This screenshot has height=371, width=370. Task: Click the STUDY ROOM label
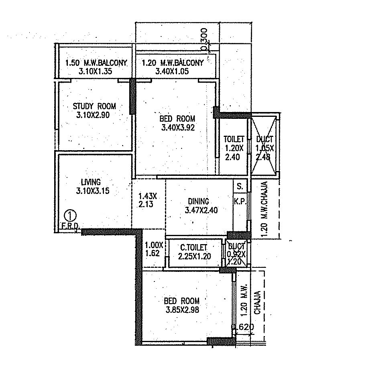pos(94,106)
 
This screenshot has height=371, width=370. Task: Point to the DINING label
pos(199,201)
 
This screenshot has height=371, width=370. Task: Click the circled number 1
pos(71,214)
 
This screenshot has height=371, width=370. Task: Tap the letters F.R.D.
pos(71,226)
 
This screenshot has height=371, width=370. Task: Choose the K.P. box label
pos(240,200)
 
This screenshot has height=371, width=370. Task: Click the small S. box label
pos(240,187)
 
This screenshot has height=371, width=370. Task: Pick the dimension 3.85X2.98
pos(182,310)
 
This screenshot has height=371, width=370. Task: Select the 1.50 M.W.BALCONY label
pos(96,63)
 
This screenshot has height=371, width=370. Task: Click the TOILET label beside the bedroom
pos(234,139)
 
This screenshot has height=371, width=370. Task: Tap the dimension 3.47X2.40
pos(201,210)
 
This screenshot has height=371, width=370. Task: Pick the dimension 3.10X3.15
pos(93,191)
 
